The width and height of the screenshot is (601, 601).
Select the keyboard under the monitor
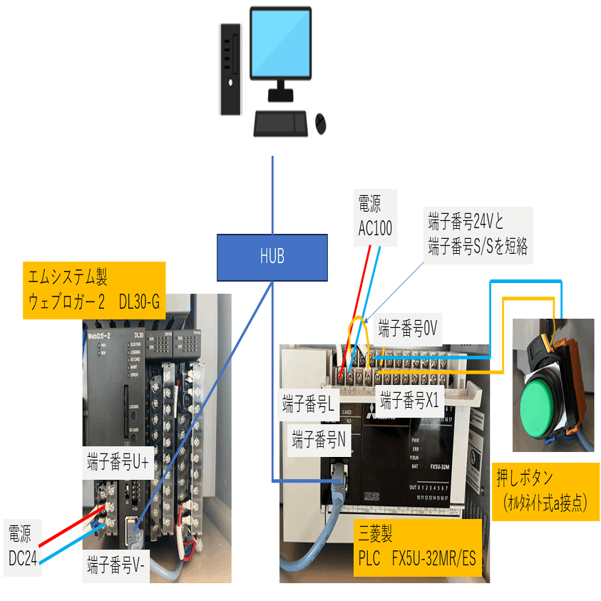point(281,123)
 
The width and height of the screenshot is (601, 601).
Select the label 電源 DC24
point(24,545)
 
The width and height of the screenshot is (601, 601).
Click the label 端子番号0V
point(407,328)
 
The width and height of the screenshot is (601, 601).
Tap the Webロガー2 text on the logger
point(104,335)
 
